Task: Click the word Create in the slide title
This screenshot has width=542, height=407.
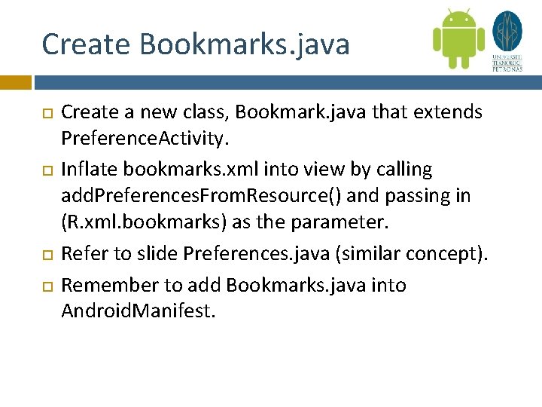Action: coord(84,44)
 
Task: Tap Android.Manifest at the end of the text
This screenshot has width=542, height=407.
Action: coord(139,311)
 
